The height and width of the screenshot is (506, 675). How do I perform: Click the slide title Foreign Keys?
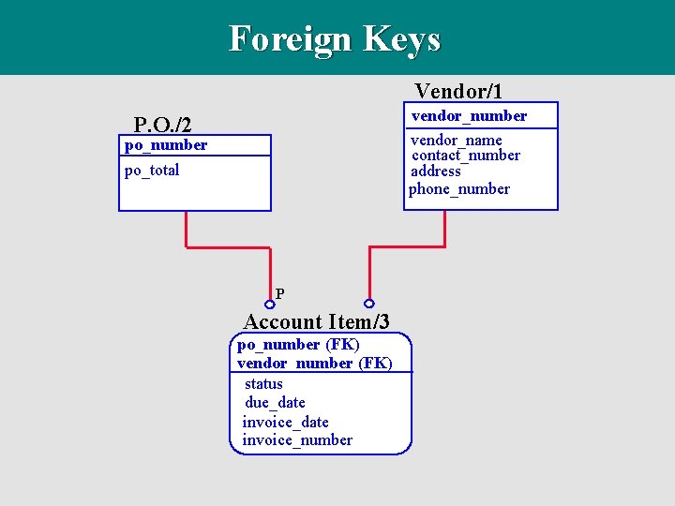coord(335,39)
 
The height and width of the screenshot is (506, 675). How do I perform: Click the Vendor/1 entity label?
coord(458,91)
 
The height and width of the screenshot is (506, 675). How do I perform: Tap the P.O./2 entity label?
coord(163,124)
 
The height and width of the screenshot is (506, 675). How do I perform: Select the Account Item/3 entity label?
coord(317,321)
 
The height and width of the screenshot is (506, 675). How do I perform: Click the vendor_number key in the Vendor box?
coord(469,115)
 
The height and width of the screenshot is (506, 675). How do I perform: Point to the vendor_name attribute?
coord(457,140)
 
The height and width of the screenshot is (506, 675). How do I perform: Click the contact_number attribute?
coord(466,155)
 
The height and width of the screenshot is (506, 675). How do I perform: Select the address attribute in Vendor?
coord(436,171)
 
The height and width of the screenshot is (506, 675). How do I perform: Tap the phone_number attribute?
coord(459,188)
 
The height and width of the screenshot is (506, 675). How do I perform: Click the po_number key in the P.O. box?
coord(166,144)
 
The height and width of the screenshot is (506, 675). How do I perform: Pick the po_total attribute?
coord(152,170)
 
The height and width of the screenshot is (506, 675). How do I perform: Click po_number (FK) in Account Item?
coord(298,344)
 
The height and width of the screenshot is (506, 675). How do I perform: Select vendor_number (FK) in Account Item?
coord(315,363)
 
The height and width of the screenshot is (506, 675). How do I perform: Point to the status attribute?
coord(263,383)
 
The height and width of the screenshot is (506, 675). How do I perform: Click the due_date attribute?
coord(275,402)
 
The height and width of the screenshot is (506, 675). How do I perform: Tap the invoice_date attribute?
coord(286,422)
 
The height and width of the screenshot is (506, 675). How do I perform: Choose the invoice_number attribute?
coord(297,439)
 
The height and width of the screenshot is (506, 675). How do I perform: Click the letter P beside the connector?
coord(280,293)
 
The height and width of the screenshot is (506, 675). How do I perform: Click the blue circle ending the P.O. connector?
coord(270,304)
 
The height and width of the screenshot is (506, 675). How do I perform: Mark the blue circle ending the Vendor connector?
coord(369,304)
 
